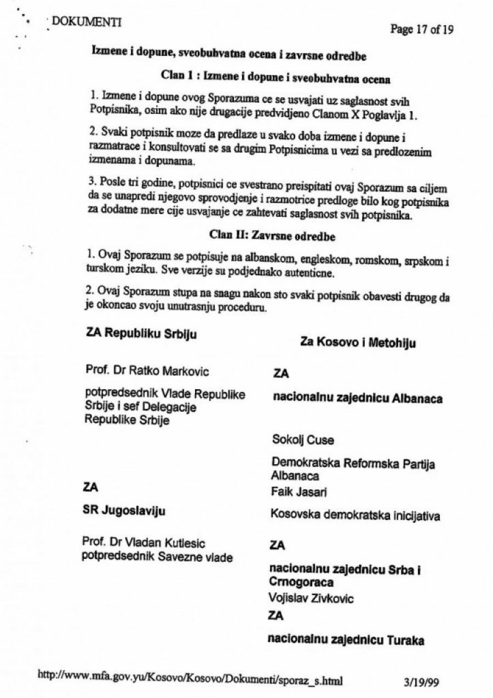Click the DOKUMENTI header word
[x=86, y=22]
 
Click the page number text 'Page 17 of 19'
[x=421, y=30]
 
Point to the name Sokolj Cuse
[x=302, y=440]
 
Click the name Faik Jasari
[x=299, y=492]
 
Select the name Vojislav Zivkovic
[x=311, y=598]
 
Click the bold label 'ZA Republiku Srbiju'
[x=141, y=333]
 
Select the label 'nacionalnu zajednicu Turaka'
[x=346, y=639]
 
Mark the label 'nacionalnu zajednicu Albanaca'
[x=358, y=399]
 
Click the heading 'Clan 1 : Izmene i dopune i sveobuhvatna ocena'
[x=276, y=78]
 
